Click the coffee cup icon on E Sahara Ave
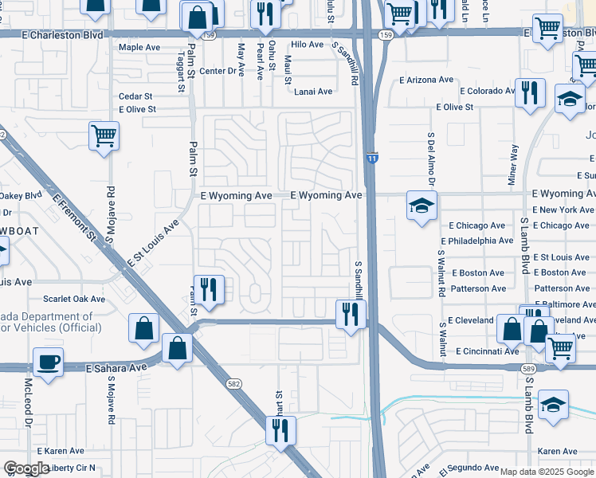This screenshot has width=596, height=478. [49, 362]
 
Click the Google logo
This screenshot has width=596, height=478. [25, 468]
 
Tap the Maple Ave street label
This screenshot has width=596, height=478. [139, 48]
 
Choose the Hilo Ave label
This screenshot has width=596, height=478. [306, 47]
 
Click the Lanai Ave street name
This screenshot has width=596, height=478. [313, 92]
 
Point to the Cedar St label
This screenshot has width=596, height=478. [135, 96]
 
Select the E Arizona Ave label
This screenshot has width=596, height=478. [428, 80]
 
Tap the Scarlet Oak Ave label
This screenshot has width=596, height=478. [74, 300]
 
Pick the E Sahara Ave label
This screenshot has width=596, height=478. [116, 367]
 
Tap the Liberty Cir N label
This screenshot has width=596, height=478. [71, 468]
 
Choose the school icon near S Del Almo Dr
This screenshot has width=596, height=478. [422, 206]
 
